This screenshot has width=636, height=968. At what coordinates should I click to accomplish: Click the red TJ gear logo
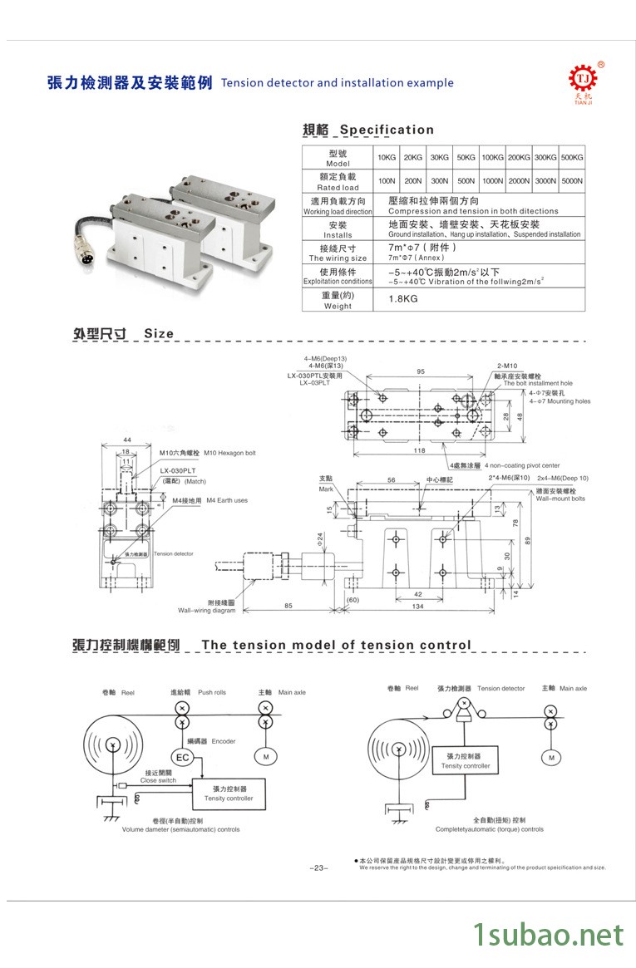tap(583, 79)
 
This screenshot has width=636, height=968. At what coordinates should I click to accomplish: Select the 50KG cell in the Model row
tap(466, 157)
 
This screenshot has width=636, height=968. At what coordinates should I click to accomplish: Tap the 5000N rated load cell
tap(572, 180)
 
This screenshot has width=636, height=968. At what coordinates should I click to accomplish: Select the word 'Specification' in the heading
tap(387, 130)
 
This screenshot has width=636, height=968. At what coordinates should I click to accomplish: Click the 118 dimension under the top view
tap(420, 450)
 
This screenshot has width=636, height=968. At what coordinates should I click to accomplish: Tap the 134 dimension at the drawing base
tap(418, 607)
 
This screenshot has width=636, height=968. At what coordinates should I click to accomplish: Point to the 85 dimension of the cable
tap(288, 606)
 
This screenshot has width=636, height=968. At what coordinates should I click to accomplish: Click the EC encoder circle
tap(182, 757)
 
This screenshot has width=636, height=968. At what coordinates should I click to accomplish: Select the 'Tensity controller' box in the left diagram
tap(229, 794)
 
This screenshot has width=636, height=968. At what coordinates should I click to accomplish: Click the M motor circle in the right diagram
tap(550, 757)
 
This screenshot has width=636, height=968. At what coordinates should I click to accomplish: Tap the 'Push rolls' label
tap(212, 692)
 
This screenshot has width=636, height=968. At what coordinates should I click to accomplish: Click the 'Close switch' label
tap(158, 780)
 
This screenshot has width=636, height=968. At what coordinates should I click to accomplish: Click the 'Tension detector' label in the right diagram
tap(500, 689)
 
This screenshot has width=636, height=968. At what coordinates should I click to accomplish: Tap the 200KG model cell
tap(519, 157)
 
